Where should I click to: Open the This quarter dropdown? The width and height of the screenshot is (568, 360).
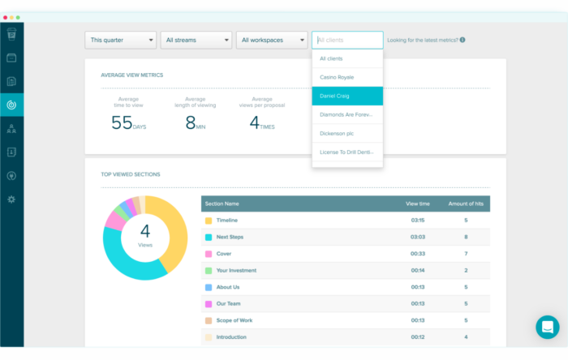[x=120, y=40]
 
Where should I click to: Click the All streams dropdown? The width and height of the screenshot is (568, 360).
[x=196, y=40]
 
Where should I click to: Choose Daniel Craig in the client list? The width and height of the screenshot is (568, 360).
[x=346, y=96]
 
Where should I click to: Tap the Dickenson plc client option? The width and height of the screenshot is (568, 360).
[x=338, y=133]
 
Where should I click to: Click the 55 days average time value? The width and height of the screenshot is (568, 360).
[x=122, y=122]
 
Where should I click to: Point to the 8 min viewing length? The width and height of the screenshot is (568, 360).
[x=191, y=122]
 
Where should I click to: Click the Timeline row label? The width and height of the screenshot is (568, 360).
[x=227, y=220]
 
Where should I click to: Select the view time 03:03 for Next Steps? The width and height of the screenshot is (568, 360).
[x=418, y=237]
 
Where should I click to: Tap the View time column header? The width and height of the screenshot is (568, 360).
[x=418, y=204]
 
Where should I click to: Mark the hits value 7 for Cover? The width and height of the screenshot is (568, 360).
[x=465, y=254]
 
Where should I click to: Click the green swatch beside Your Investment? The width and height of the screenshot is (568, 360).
[x=209, y=270]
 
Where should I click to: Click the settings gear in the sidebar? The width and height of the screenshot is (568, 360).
[x=11, y=199]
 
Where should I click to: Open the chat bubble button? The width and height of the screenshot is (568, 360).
[x=547, y=327]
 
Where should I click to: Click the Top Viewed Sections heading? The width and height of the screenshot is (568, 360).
[x=130, y=174]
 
